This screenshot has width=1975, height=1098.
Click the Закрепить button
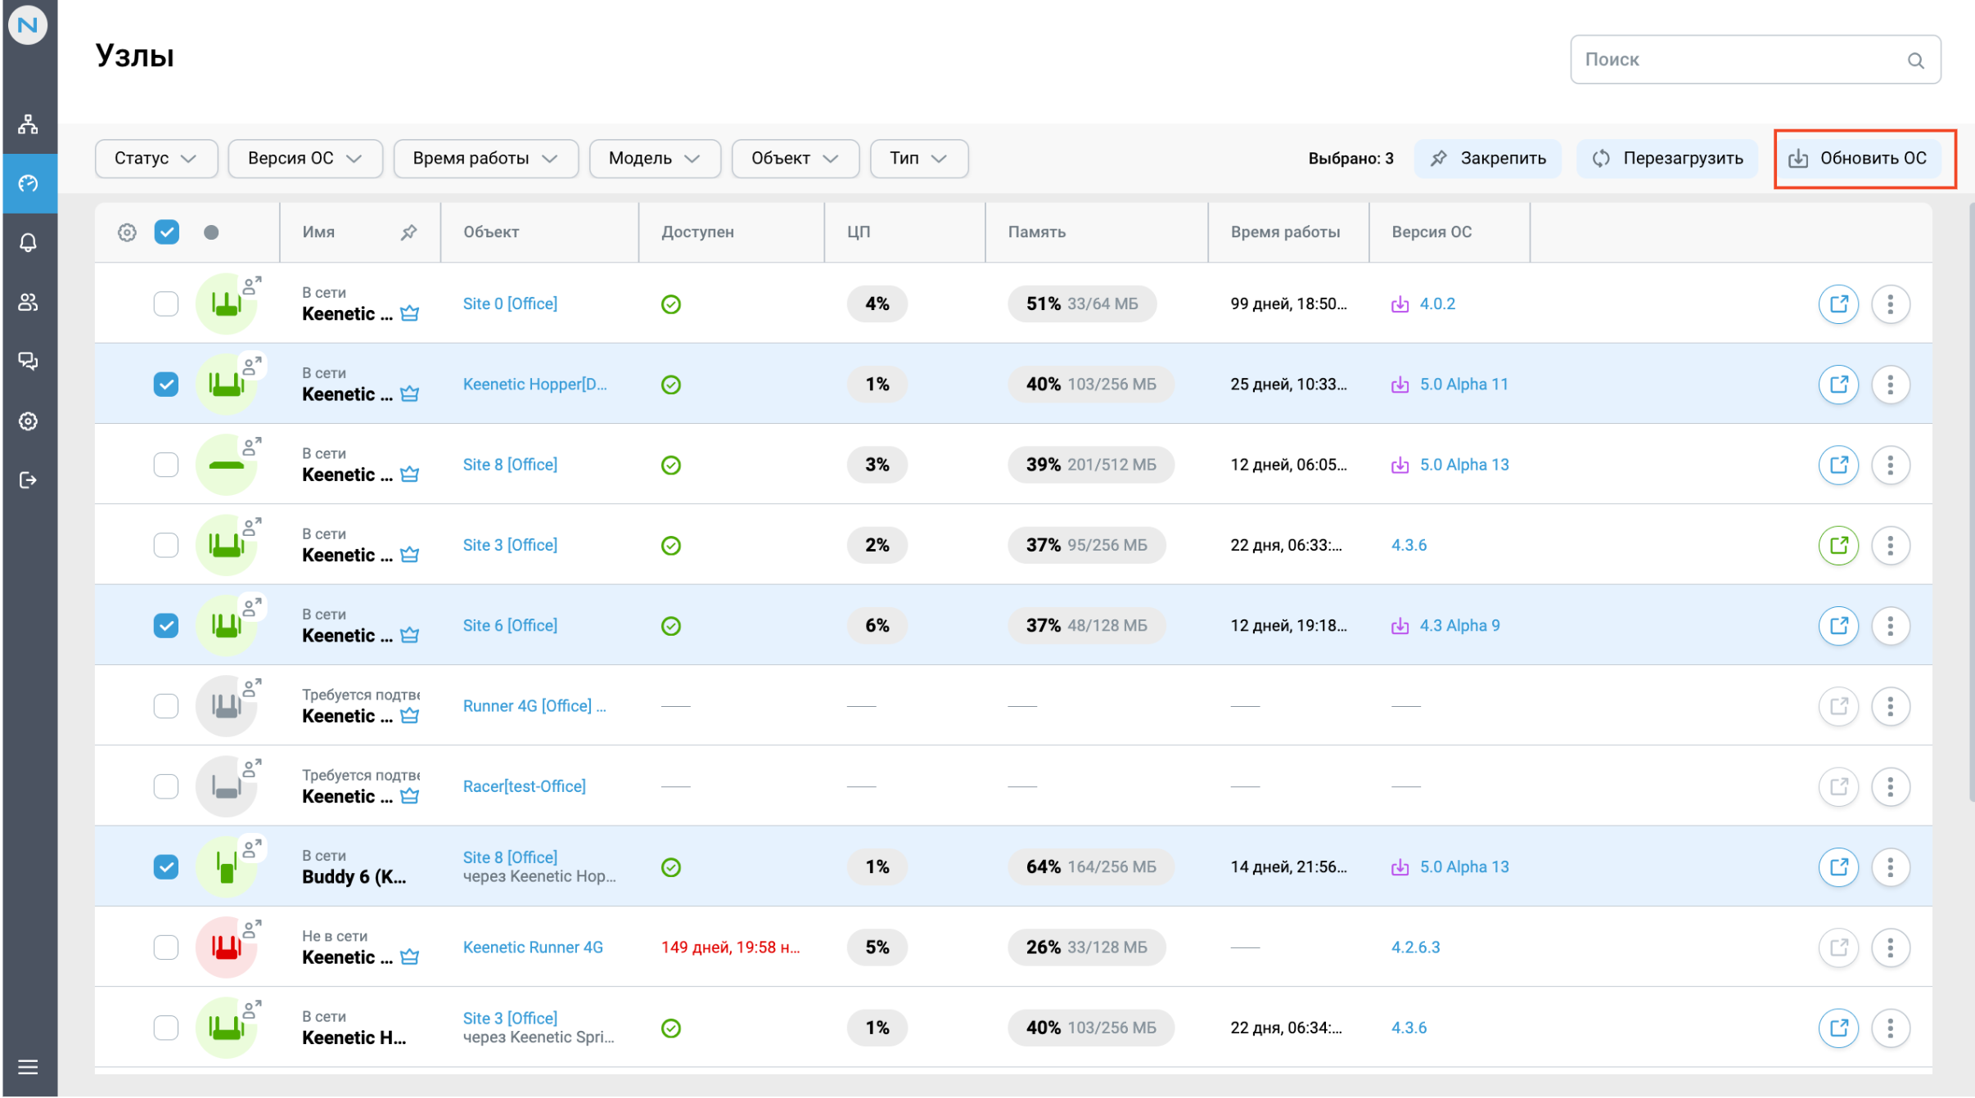(1487, 159)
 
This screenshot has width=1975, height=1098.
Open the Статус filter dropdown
(156, 159)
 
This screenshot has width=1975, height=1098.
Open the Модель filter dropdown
(654, 159)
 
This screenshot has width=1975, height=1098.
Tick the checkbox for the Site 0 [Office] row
(166, 304)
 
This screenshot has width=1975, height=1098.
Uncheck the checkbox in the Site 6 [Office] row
(166, 626)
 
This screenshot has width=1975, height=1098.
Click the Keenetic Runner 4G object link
(533, 947)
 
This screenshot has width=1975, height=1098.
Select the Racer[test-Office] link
(524, 786)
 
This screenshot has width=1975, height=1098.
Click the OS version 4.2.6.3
(1415, 947)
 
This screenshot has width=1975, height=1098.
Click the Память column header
(1036, 232)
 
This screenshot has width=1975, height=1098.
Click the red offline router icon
(226, 947)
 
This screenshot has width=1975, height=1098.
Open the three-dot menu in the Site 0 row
(1890, 304)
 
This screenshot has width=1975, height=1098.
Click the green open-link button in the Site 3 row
(1838, 545)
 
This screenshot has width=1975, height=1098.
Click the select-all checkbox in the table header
(167, 232)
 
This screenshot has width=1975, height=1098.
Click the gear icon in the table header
(127, 232)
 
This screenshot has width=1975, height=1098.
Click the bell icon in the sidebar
(29, 243)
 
